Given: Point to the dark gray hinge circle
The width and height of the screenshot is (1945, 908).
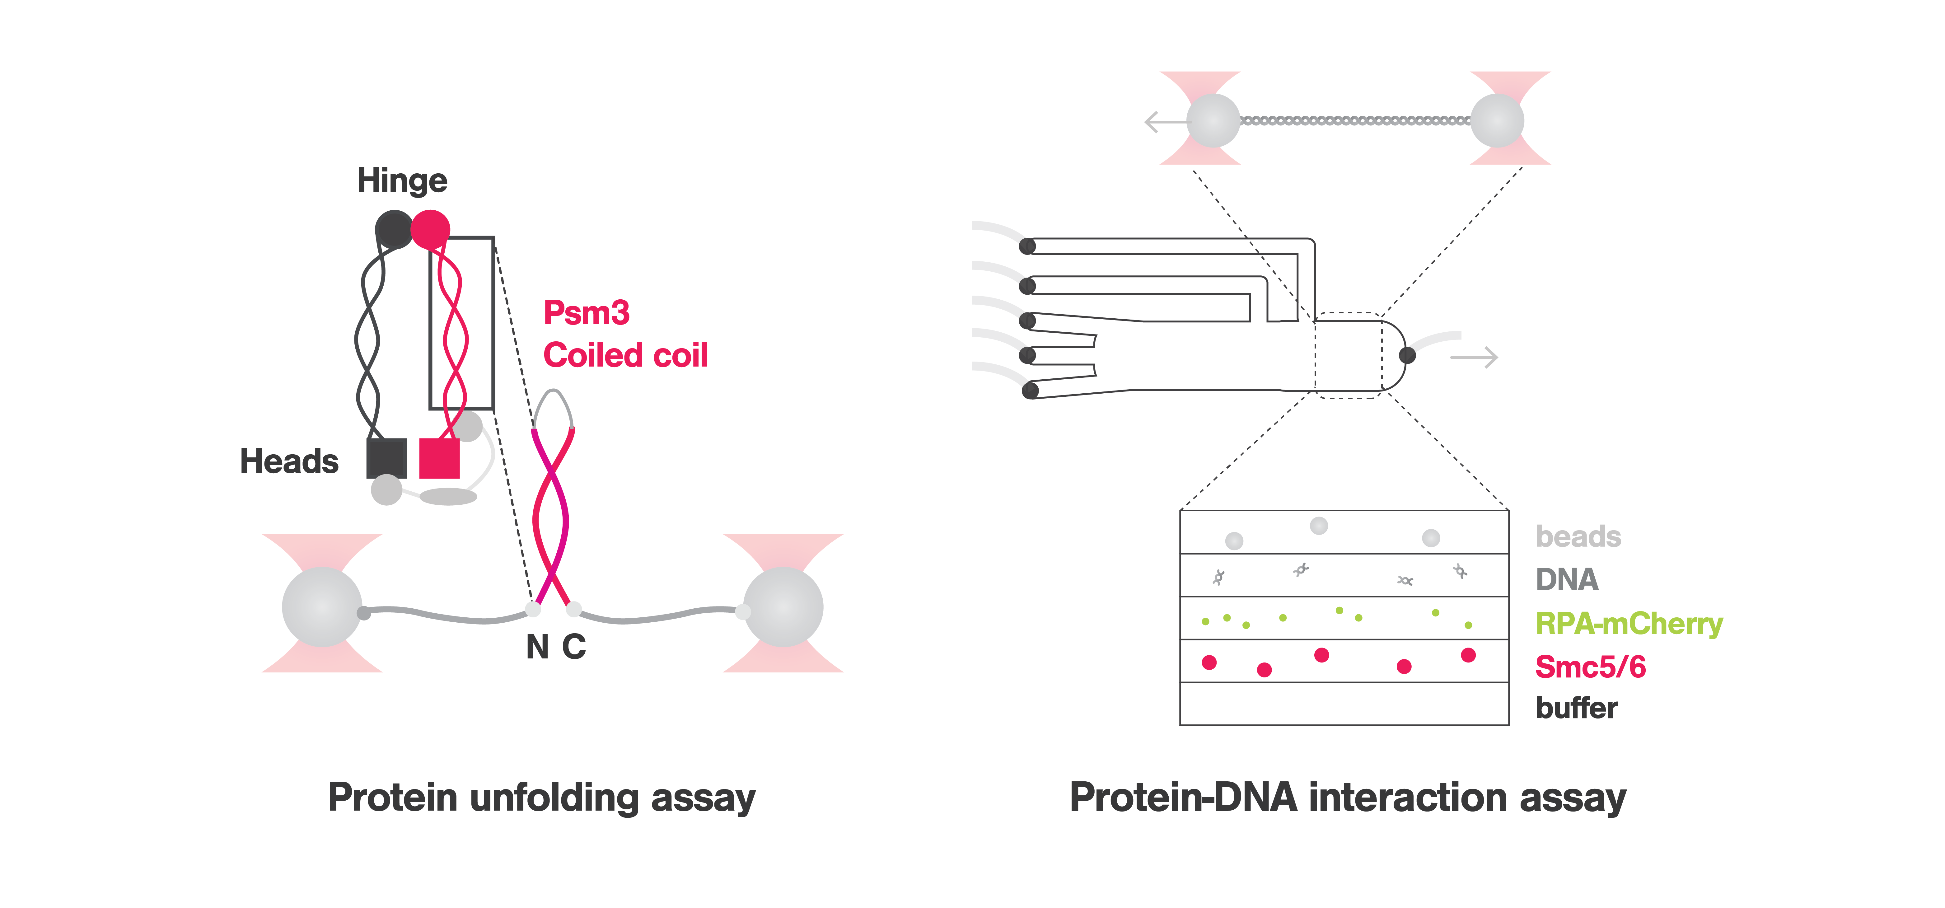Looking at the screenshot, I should pyautogui.click(x=393, y=229).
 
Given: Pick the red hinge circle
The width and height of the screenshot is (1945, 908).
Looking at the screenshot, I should pyautogui.click(x=430, y=229).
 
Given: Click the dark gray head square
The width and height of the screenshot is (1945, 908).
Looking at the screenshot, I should pyautogui.click(x=386, y=458).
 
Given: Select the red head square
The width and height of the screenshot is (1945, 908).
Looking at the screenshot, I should pyautogui.click(x=439, y=458).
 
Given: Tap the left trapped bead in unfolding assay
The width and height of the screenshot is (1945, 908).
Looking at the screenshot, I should pyautogui.click(x=322, y=606).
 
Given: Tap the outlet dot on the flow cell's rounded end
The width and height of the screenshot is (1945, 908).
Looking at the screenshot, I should pyautogui.click(x=1407, y=355).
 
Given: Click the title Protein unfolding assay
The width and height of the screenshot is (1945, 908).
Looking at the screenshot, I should pyautogui.click(x=541, y=798).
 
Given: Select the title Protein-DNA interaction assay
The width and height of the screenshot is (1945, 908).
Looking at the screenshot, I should pyautogui.click(x=1348, y=798).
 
